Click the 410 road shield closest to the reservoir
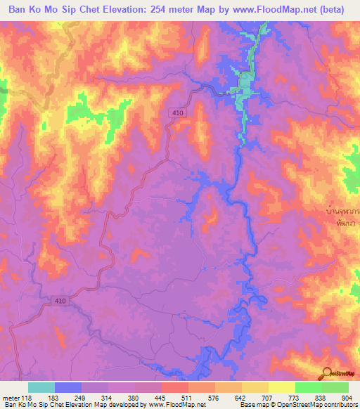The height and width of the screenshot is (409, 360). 177,112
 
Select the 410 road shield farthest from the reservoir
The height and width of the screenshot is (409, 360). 60,300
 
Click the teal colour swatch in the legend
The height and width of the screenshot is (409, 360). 41,387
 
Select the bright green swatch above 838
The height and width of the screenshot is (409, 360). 309,387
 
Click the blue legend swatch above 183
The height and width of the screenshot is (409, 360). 68,387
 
